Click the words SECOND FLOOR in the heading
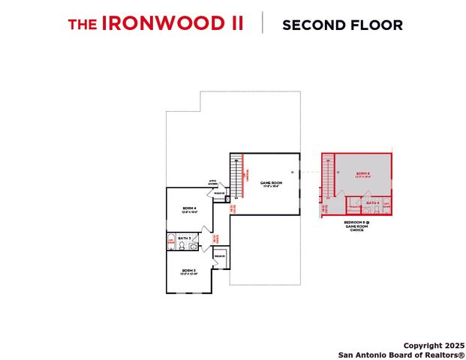tap(342, 24)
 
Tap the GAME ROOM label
tap(271, 183)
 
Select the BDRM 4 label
tap(189, 208)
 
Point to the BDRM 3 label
tap(188, 271)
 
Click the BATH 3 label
tap(185, 237)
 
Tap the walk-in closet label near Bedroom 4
tap(219, 193)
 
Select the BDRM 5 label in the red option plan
tap(363, 175)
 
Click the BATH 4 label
tap(372, 203)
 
